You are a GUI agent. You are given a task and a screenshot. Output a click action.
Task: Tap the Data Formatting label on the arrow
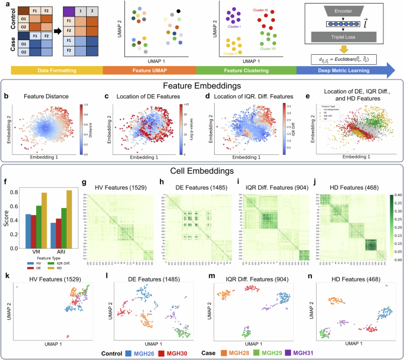(52, 71)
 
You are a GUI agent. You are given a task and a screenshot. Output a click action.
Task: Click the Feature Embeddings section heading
(201, 85)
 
